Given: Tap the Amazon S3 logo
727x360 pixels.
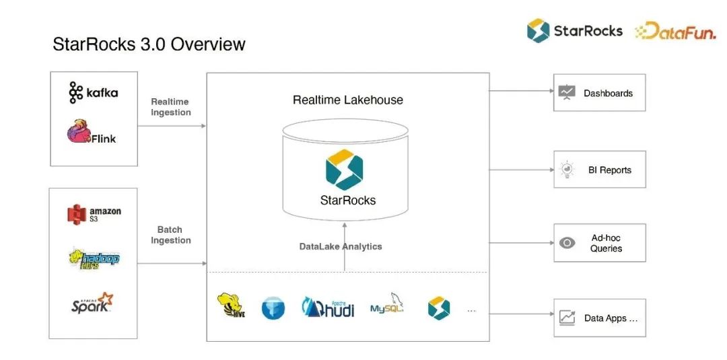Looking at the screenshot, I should pyautogui.click(x=94, y=214).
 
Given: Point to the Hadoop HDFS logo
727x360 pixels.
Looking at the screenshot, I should pyautogui.click(x=94, y=258).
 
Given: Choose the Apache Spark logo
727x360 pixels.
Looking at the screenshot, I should pyautogui.click(x=92, y=303).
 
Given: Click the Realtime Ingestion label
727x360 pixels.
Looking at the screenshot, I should pyautogui.click(x=170, y=107).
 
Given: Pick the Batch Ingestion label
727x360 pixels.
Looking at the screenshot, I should pyautogui.click(x=170, y=235).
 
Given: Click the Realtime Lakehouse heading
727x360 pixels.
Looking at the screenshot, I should pyautogui.click(x=347, y=100).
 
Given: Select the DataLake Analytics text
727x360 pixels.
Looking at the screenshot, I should pyautogui.click(x=341, y=246).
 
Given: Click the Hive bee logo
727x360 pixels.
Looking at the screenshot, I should pyautogui.click(x=230, y=305).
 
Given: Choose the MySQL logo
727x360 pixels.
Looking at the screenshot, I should pyautogui.click(x=387, y=306).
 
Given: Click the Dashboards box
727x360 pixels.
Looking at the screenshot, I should pyautogui.click(x=599, y=93).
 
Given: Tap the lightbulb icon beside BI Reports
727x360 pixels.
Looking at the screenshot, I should pyautogui.click(x=566, y=170).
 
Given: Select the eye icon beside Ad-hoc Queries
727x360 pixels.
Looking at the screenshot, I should pyautogui.click(x=567, y=243).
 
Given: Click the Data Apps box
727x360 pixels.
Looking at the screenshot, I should pyautogui.click(x=599, y=318).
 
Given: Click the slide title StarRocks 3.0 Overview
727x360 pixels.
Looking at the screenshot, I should pyautogui.click(x=149, y=44).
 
